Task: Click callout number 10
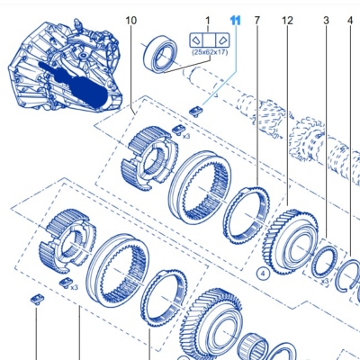tap(131, 21)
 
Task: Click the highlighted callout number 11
tap(236, 21)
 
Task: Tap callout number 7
tap(257, 21)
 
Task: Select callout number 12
tap(287, 21)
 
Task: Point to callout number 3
tap(326, 21)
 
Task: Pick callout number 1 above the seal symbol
tap(208, 21)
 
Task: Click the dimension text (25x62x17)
tap(210, 52)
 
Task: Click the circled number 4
tap(263, 274)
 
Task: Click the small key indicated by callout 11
tap(195, 112)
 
